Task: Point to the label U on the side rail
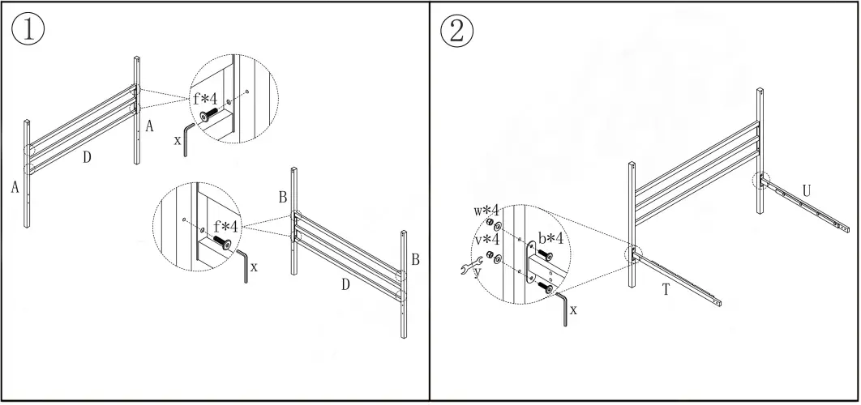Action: coord(806,190)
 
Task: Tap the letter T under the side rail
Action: coord(666,290)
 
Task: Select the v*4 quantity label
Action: coord(486,240)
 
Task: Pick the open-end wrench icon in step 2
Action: coord(471,265)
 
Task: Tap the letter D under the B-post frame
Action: coord(345,284)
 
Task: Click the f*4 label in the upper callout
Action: coord(204,100)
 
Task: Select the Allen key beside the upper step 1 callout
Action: coord(189,137)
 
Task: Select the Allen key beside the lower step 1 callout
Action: coord(242,265)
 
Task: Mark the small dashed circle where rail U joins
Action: coord(760,179)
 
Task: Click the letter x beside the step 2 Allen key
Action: coord(574,309)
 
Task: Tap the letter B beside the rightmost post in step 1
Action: coord(414,260)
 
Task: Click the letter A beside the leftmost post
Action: coord(15,187)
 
